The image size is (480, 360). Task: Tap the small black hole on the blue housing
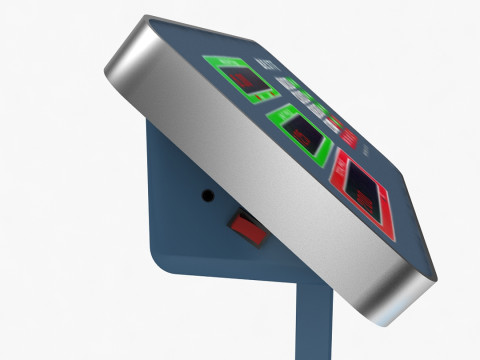click(208, 196)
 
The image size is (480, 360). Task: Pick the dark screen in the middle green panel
click(300, 129)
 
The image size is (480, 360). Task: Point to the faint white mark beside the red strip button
click(363, 150)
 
